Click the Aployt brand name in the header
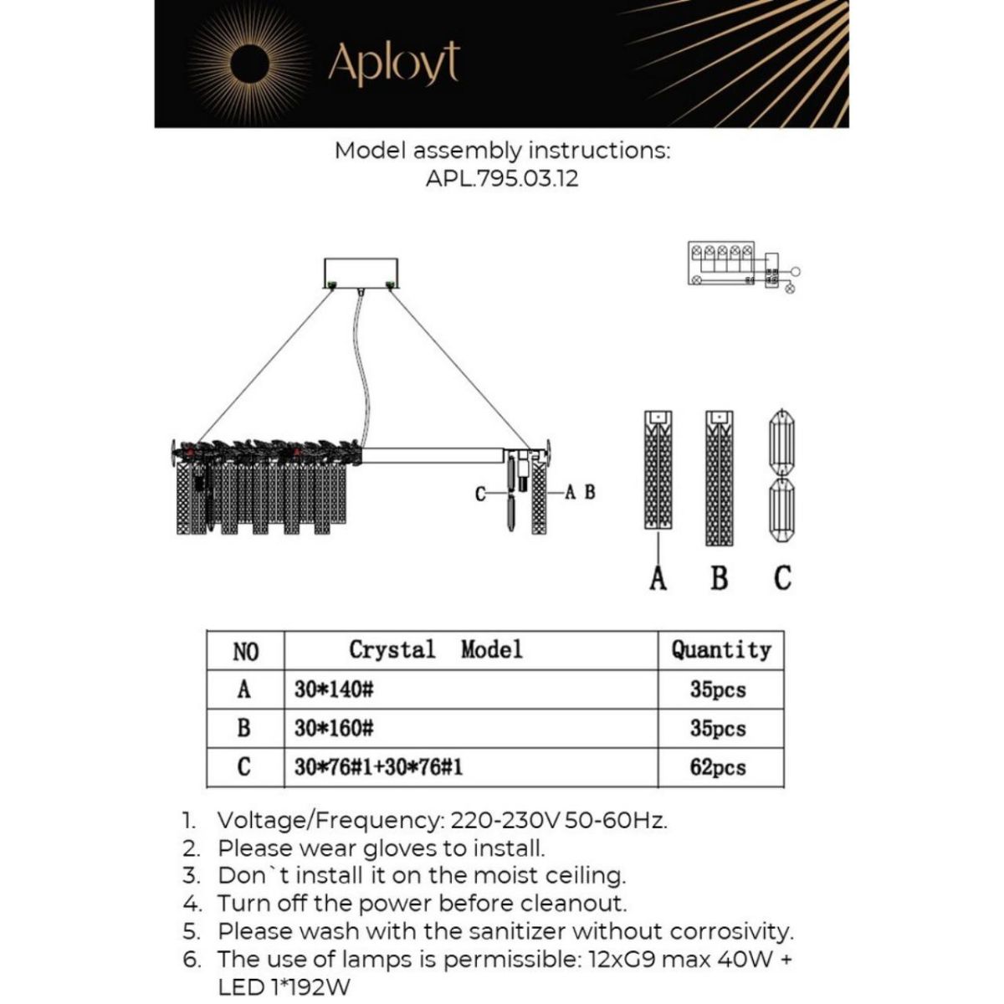pos(393,63)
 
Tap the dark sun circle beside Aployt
pos(250,64)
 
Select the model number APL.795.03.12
pos(502,178)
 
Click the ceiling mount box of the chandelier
pos(361,273)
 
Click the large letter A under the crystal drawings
pos(658,577)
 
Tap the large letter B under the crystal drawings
pos(719,577)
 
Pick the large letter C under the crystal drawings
pos(782,577)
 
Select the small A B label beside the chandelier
pos(580,492)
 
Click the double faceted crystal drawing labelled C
pos(781,475)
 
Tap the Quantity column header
pos(720,650)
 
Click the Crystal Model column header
pos(435,649)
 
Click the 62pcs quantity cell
pos(718,766)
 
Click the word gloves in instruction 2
pos(401,848)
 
